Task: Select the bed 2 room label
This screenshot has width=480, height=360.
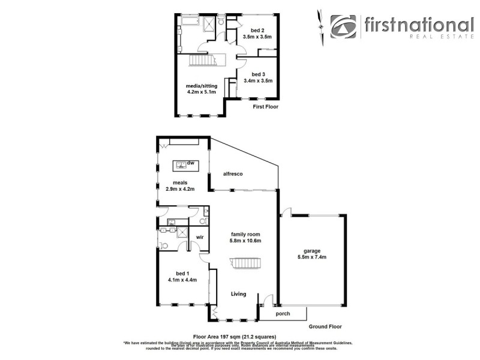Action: pos(257,29)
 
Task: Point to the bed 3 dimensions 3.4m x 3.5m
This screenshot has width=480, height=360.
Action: pos(258,81)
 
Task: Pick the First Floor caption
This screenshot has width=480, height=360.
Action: pos(265,107)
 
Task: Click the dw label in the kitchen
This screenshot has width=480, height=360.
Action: pos(191,163)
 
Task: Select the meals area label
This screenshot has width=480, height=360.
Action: pos(181,182)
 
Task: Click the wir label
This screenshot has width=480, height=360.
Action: pos(200,237)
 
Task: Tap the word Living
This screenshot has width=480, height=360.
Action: pos(239,294)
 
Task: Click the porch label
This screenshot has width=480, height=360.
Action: pos(283,314)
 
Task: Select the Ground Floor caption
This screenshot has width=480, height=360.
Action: pos(326,327)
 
